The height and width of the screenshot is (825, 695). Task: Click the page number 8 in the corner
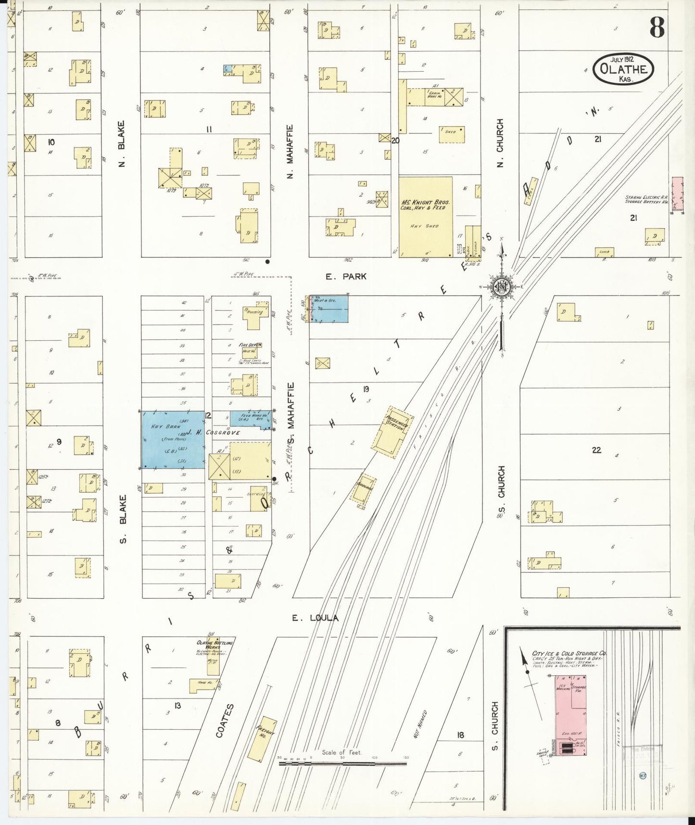[x=657, y=27]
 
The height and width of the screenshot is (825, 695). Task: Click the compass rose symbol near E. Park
[x=502, y=287]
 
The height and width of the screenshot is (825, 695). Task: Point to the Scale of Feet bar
[x=342, y=763]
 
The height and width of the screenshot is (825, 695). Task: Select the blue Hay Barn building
[x=172, y=439]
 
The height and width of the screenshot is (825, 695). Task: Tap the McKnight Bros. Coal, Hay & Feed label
[x=425, y=204]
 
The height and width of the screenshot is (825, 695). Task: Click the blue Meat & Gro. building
[x=329, y=309]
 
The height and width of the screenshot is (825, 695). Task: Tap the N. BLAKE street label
[x=122, y=144]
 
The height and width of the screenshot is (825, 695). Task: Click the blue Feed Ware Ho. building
[x=250, y=418]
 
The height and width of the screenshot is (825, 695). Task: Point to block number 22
[x=596, y=450]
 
